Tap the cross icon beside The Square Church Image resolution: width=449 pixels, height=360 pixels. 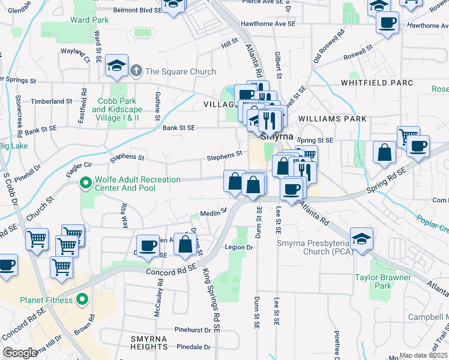[x=136, y=71]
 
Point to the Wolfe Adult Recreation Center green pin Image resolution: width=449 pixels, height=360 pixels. [x=86, y=181]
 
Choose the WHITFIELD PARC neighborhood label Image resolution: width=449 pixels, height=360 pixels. [x=377, y=82]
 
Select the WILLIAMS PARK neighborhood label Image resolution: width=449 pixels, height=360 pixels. [x=331, y=119]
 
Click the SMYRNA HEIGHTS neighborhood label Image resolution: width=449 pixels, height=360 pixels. [x=149, y=343]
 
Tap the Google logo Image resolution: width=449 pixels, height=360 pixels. [x=20, y=353]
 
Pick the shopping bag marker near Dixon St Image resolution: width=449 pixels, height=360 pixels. [x=185, y=244]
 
